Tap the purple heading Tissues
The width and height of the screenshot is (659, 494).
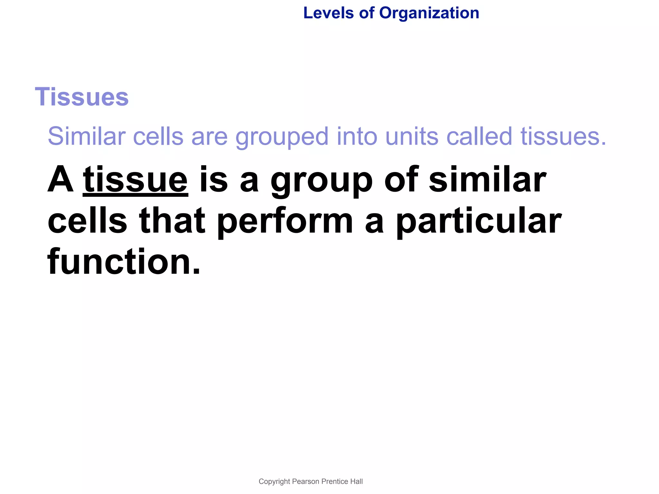pyautogui.click(x=82, y=97)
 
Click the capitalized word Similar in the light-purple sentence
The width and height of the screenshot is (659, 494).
pyautogui.click(x=86, y=136)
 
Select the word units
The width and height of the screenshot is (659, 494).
pyautogui.click(x=412, y=136)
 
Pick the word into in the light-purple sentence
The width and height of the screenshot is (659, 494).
pyautogui.click(x=357, y=136)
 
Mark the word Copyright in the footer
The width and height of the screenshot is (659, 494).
pyautogui.click(x=274, y=481)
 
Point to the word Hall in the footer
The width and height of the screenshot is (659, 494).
pyautogui.click(x=357, y=481)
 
